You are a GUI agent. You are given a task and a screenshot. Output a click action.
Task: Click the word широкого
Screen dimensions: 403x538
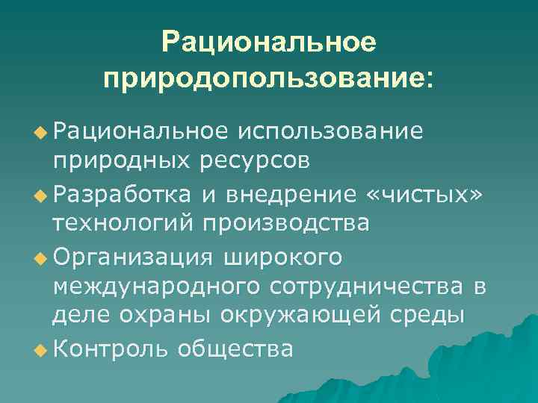tap(282, 257)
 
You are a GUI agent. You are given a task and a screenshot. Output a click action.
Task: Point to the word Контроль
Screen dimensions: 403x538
tap(111, 349)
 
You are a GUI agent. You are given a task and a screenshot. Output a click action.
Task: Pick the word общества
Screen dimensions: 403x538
tap(235, 349)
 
